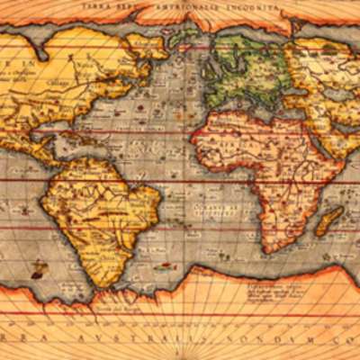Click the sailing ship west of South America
pos(37,267)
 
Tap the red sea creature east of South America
pos(162,267)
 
